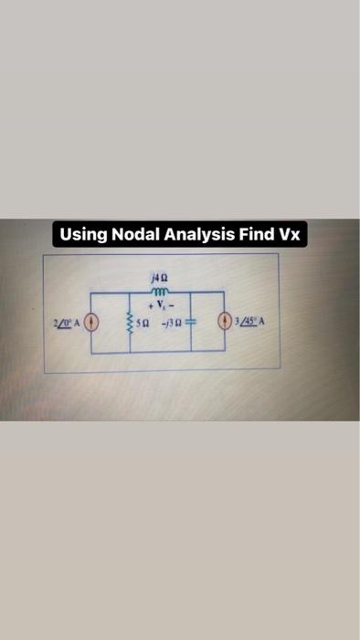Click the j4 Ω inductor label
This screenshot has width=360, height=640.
coord(157,272)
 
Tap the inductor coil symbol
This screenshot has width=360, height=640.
coord(157,285)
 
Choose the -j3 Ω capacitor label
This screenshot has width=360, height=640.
coord(171,322)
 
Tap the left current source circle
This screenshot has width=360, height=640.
coord(90,322)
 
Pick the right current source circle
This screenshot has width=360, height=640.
coord(226,322)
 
